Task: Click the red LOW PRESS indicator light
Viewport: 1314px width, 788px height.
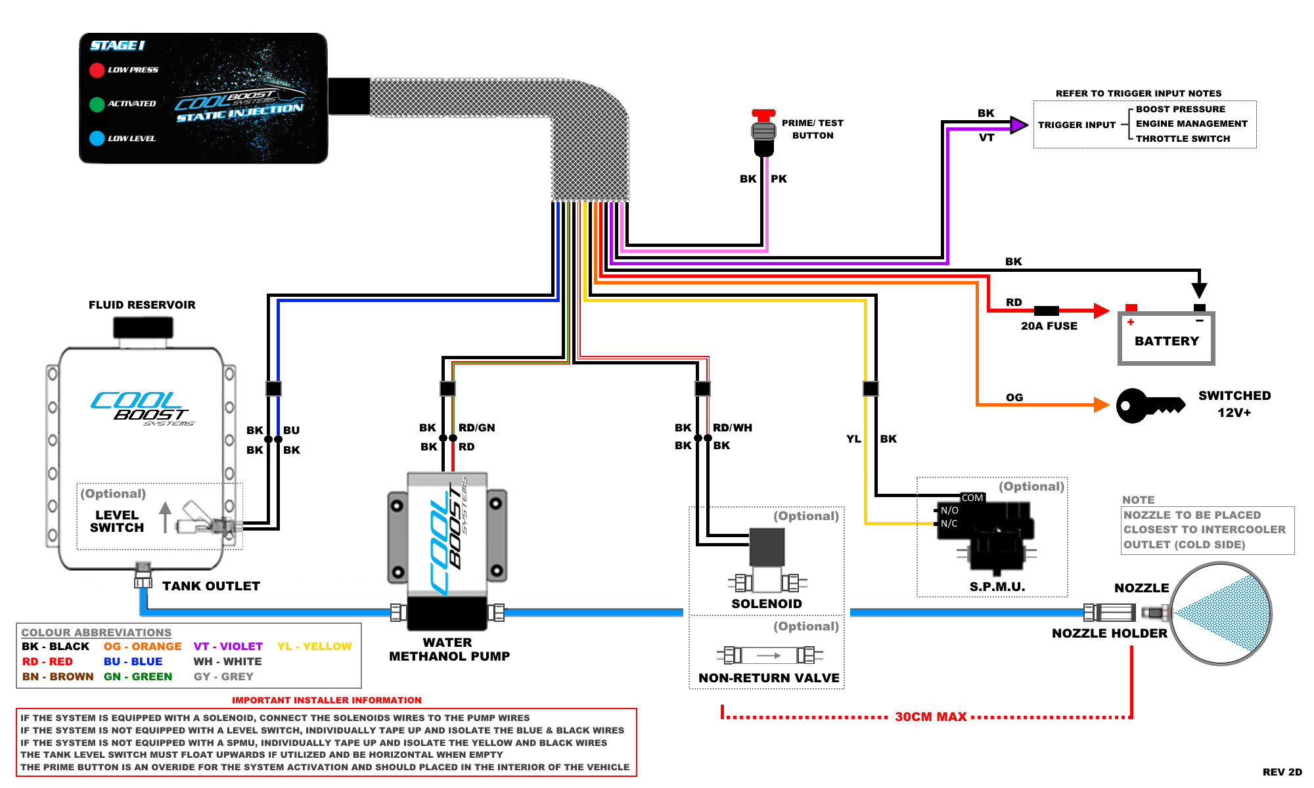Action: [x=97, y=70]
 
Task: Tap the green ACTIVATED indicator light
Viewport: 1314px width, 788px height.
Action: [x=97, y=104]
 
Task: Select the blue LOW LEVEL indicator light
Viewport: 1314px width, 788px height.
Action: [x=97, y=138]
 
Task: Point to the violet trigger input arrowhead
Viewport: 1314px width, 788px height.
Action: [x=1019, y=125]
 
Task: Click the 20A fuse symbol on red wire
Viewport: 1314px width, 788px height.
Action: [x=1046, y=311]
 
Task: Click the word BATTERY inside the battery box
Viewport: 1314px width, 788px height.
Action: [x=1166, y=341]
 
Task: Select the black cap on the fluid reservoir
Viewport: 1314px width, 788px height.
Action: [x=143, y=327]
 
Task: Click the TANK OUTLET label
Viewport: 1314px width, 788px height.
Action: [x=211, y=586]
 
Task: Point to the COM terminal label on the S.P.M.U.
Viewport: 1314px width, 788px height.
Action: [x=972, y=498]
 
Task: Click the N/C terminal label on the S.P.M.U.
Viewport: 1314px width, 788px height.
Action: [x=949, y=523]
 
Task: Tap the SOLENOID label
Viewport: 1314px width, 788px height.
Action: [x=767, y=603]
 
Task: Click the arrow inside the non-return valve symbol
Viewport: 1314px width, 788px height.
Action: [x=769, y=655]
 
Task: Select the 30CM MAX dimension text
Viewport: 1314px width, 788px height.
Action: [x=930, y=716]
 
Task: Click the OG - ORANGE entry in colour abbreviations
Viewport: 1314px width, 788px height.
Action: [x=143, y=646]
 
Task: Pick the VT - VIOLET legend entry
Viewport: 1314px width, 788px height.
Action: [x=228, y=646]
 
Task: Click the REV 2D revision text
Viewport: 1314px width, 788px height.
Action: [x=1282, y=772]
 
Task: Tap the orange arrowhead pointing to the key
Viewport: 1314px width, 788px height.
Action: [x=1101, y=405]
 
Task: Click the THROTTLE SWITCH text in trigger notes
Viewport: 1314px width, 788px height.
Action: [x=1183, y=139]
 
